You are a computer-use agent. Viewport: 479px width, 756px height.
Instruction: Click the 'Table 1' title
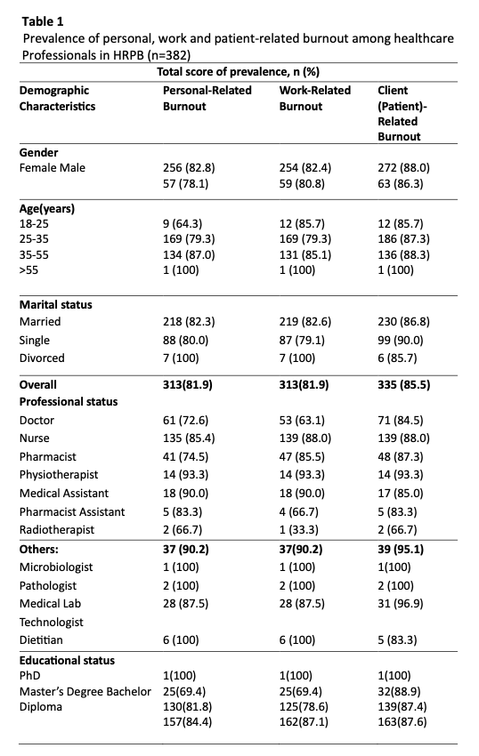43,21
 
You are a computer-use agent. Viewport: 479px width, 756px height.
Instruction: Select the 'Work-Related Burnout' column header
315,99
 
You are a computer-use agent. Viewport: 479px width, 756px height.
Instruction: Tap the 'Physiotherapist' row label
59,475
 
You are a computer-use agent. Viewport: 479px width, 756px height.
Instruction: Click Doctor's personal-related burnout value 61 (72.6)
185,421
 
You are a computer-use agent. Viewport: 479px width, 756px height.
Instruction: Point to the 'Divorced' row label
42,358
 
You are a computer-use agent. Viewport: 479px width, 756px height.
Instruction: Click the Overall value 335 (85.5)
403,385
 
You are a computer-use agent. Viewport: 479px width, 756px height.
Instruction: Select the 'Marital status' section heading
55,305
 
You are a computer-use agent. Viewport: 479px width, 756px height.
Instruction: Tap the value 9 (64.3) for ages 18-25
183,224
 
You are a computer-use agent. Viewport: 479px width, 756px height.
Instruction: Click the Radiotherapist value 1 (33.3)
298,530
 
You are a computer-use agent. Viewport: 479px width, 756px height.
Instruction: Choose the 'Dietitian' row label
41,640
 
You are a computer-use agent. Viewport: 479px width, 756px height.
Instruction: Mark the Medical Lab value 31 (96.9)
401,604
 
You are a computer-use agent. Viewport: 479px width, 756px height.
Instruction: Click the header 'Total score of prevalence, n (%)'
238,72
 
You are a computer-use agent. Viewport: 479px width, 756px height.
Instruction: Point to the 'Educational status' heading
67,661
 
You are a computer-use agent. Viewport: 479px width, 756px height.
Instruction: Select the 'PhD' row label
30,676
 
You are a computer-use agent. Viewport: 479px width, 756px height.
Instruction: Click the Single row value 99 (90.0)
401,341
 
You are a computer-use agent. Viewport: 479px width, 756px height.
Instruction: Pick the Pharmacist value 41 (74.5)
185,457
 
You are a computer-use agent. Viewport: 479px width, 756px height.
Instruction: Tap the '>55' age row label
29,270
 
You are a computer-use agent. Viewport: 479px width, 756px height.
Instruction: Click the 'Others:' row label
38,550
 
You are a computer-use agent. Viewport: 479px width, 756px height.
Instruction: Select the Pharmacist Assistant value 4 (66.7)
298,512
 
